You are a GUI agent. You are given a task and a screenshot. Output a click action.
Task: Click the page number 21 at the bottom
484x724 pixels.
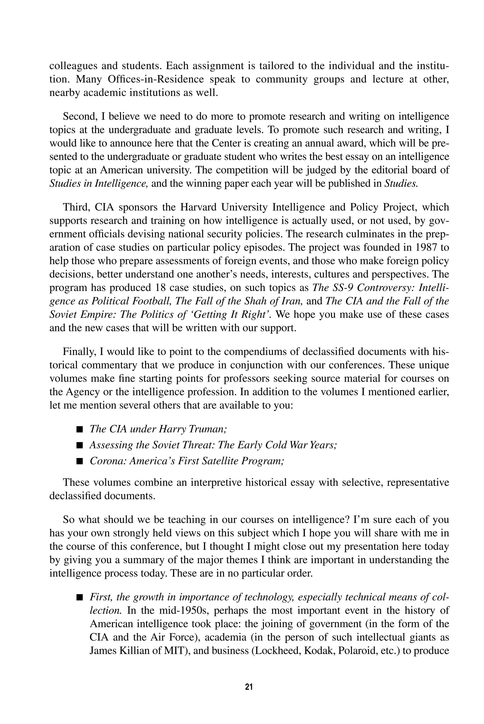[x=249, y=687]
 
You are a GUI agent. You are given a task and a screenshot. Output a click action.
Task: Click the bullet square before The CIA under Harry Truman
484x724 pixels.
[x=80, y=429]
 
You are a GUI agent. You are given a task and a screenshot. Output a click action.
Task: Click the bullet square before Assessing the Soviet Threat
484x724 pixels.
[x=80, y=445]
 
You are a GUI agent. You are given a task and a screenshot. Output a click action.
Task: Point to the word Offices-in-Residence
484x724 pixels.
[x=156, y=79]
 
